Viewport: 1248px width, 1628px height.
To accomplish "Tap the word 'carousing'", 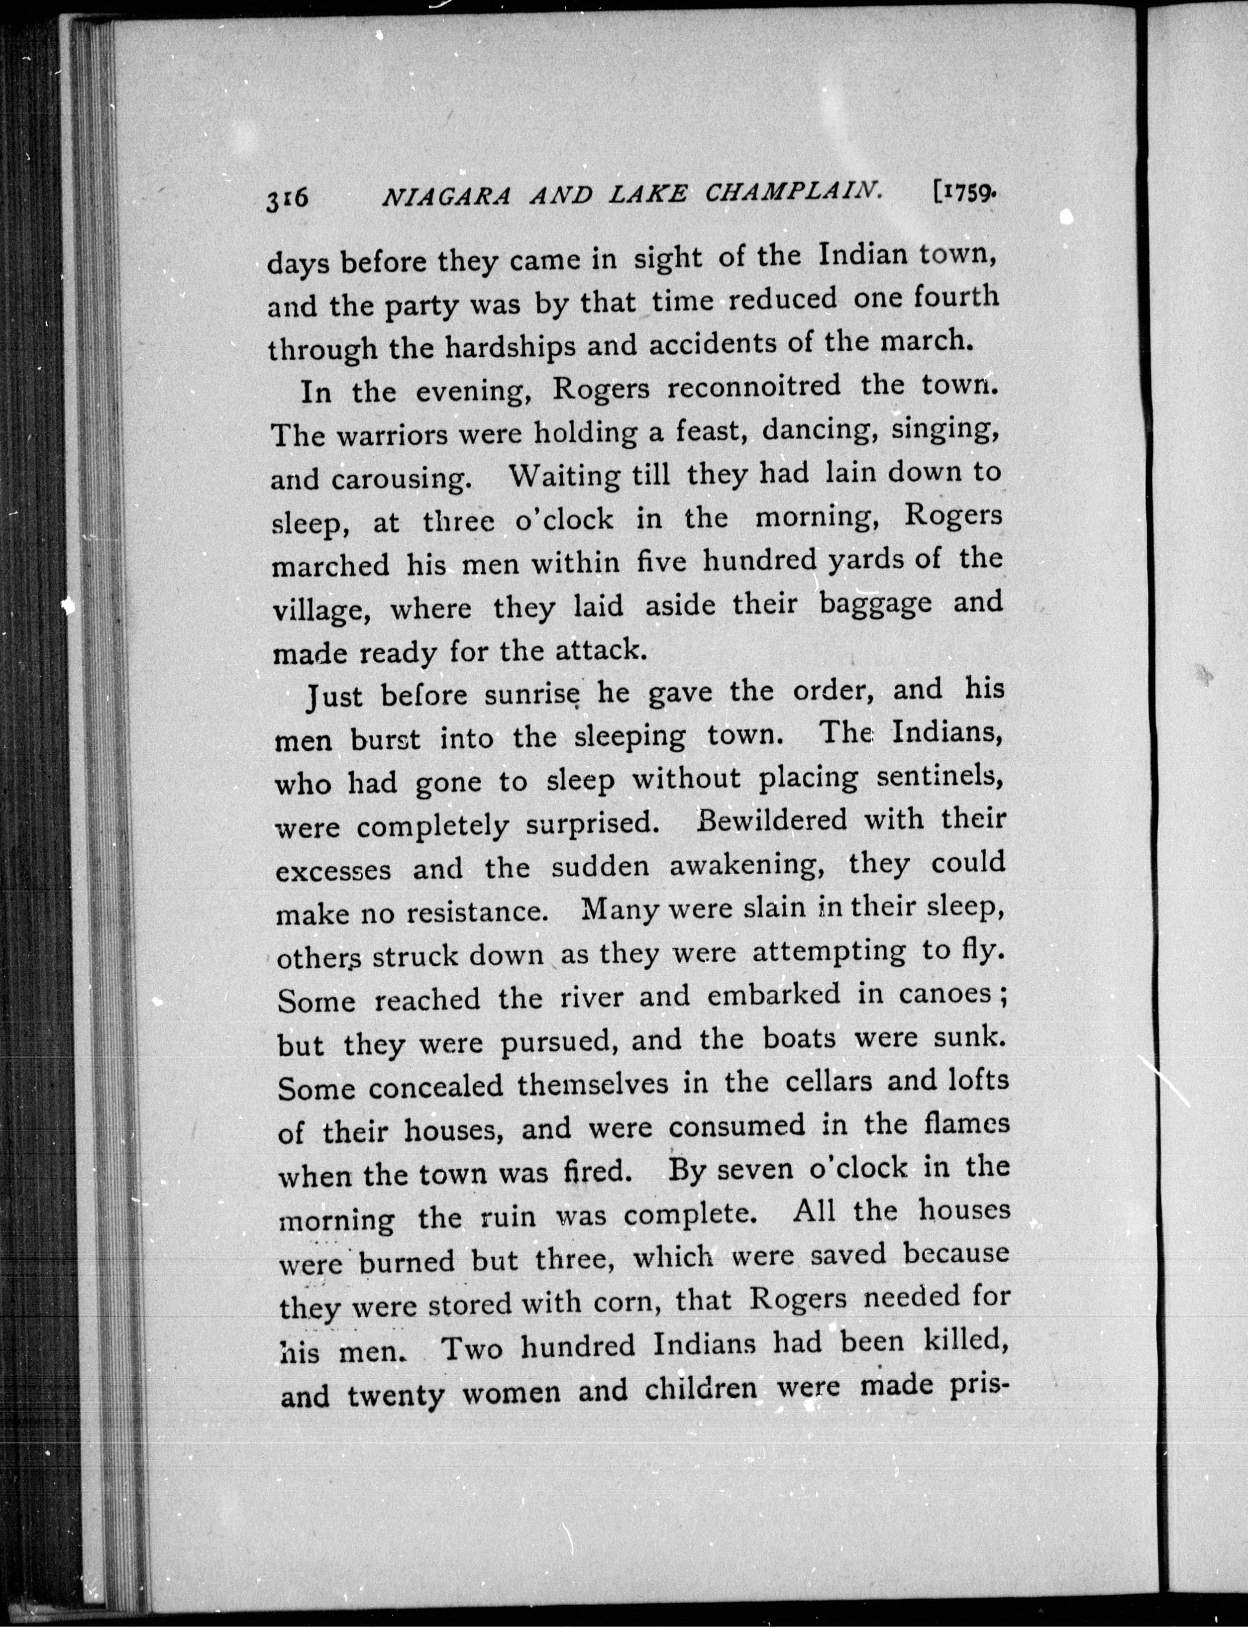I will coord(401,479).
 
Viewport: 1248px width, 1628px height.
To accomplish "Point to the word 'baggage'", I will coord(875,603).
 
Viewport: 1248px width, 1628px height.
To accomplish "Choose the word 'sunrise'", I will coord(531,694).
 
